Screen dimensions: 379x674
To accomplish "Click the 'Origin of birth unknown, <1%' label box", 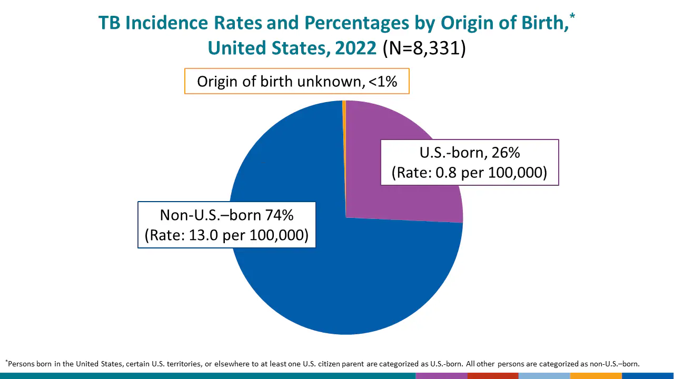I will (x=296, y=82).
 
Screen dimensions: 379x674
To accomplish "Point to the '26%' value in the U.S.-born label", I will (x=506, y=153).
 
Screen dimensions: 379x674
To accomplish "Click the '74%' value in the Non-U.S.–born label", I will (x=279, y=215).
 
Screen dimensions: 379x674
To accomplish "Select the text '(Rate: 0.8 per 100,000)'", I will (x=469, y=173).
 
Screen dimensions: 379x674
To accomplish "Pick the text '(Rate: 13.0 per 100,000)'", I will (x=226, y=235).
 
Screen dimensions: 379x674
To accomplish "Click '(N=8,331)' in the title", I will (x=424, y=48).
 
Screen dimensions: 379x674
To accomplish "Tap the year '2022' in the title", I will (x=355, y=48).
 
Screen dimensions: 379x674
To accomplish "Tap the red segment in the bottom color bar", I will (x=492, y=376).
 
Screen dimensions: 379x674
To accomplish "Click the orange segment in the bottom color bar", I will (x=596, y=376).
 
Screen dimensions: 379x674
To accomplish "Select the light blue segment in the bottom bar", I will (x=544, y=376).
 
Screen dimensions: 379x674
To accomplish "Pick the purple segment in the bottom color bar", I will (x=441, y=376).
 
